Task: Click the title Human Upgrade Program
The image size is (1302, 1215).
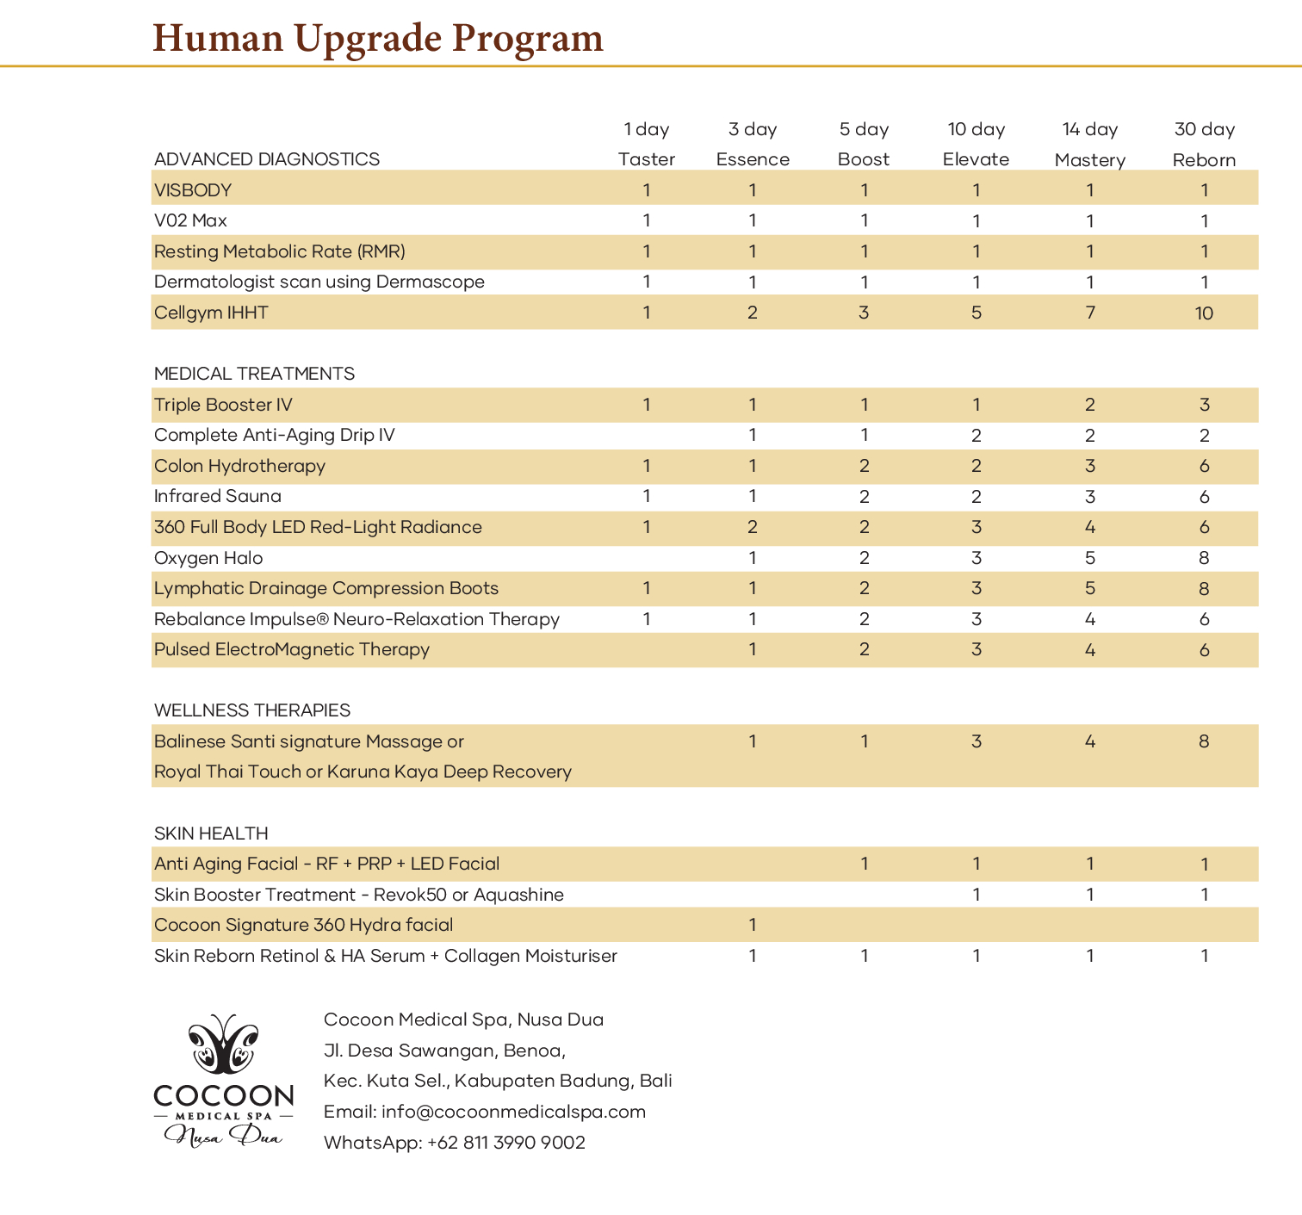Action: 378,39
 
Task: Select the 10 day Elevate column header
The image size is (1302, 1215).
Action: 976,145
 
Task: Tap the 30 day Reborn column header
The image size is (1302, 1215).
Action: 1204,145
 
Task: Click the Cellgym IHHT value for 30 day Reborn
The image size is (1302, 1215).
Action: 1204,313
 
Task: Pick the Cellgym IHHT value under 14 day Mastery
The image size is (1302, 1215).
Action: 1090,313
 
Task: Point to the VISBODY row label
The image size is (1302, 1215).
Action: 193,190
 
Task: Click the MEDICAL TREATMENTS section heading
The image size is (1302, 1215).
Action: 254,374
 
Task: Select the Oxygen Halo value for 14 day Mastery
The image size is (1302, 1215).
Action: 1090,558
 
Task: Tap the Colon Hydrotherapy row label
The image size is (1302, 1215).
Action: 239,466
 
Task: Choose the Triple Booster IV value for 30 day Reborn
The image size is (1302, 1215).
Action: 1204,405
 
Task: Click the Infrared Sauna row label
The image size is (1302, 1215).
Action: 217,496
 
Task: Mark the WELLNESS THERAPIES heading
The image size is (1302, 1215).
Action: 252,710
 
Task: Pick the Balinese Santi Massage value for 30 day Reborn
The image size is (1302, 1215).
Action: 1204,741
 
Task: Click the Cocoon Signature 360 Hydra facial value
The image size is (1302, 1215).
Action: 753,925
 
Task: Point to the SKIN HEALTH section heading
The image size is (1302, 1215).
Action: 211,834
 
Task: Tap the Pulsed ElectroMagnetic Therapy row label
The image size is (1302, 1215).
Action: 291,649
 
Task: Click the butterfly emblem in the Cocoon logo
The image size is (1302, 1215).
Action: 224,1045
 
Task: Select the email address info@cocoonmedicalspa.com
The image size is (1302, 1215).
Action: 513,1112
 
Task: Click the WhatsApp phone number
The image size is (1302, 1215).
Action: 506,1143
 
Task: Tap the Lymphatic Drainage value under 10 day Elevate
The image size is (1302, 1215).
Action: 976,589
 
